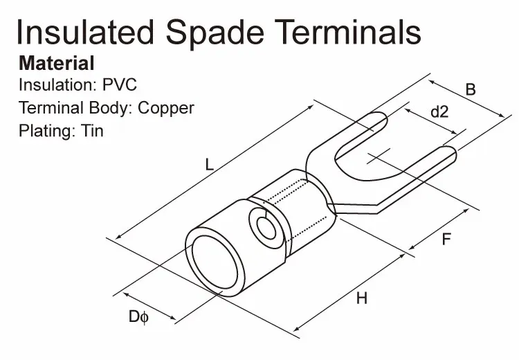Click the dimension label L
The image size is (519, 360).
[208, 165]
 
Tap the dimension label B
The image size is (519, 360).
[470, 89]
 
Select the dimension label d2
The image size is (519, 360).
[439, 111]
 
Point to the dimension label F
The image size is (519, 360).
[446, 240]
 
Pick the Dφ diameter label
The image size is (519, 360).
[138, 317]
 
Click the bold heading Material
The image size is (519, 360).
[56, 64]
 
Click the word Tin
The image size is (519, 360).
[92, 130]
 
